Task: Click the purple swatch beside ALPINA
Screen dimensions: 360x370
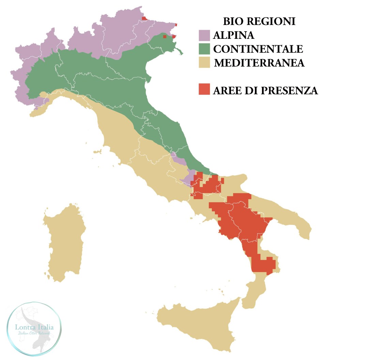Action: coord(204,35)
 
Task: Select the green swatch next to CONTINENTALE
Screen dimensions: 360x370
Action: coord(204,49)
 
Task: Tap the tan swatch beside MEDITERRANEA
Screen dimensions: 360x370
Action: coord(204,63)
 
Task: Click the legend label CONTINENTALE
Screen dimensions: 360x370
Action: coord(258,49)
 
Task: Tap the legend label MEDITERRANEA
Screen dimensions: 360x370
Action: coord(259,63)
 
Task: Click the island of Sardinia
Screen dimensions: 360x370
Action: coord(65,242)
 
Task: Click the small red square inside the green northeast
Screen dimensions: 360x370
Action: coord(165,36)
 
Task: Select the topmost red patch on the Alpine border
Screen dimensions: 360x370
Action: coord(144,18)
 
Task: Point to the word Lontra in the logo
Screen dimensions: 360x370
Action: coord(26,327)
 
